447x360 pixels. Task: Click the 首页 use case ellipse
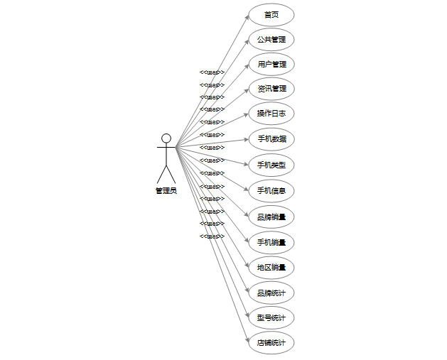point(271,14)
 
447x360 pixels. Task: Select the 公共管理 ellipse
point(271,39)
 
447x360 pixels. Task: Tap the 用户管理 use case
point(271,64)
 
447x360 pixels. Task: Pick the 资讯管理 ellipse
point(271,89)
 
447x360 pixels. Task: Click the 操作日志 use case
point(271,114)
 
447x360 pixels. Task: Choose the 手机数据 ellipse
point(271,139)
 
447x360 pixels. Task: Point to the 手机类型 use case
point(271,165)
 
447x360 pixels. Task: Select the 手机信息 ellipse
point(271,190)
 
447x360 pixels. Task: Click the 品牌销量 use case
point(271,217)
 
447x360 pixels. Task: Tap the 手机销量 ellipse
point(271,242)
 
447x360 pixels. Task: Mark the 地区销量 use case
point(271,268)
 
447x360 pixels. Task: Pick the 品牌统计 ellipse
point(271,293)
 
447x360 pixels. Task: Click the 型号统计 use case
point(271,317)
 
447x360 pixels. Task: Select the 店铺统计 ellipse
point(271,343)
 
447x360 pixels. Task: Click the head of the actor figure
point(166,138)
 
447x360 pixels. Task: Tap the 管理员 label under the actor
point(166,190)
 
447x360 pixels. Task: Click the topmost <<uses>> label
point(212,72)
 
